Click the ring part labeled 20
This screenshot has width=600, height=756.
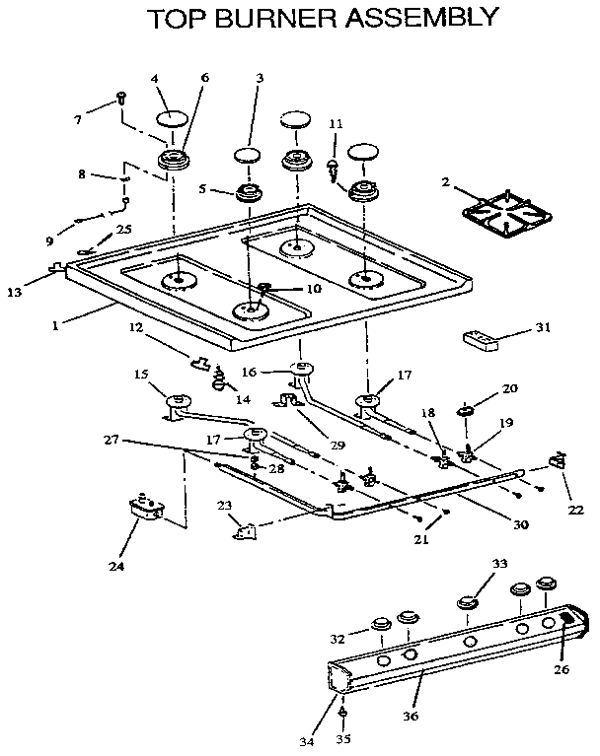tap(463, 409)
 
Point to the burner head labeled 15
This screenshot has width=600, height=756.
tap(179, 399)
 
